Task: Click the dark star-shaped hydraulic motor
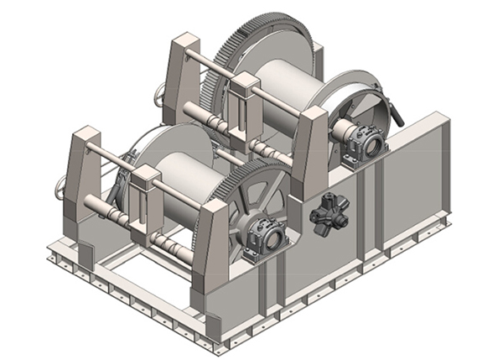[x=324, y=213]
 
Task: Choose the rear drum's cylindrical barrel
[x=285, y=88]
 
